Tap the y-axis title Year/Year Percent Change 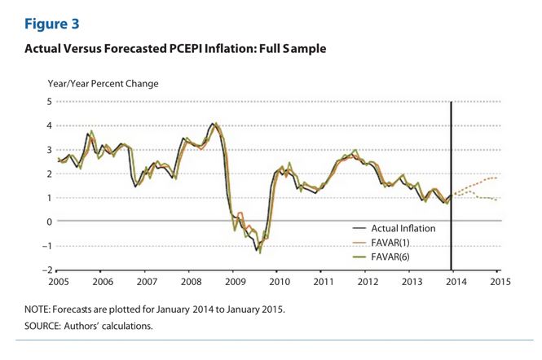pos(103,83)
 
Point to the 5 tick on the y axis pos(49,102)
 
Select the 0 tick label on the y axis pos(49,222)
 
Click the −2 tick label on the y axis pos(46,270)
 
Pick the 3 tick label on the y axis pos(49,150)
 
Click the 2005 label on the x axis pos(59,282)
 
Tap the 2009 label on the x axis pos(234,282)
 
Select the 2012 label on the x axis pos(368,282)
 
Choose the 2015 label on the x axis pos(500,282)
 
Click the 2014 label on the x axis pos(456,282)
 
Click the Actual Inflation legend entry pos(403,229)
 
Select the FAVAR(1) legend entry pos(393,242)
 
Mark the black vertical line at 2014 pos(452,163)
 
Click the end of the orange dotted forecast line pos(497,177)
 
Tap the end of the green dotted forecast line pos(497,200)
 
